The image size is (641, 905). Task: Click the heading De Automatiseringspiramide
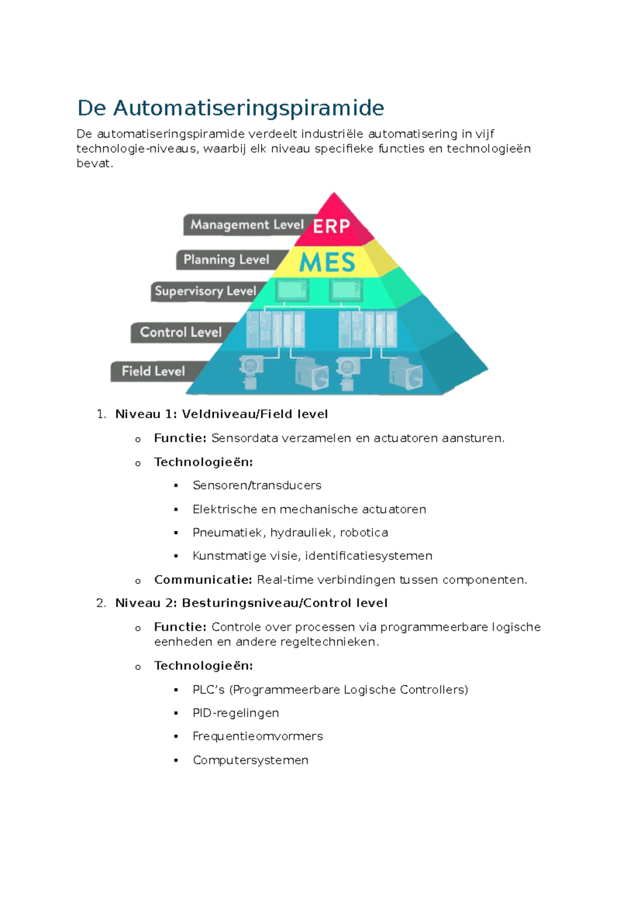click(x=230, y=108)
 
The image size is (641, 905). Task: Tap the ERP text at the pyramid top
click(x=331, y=226)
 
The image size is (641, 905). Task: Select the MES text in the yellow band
click(x=327, y=262)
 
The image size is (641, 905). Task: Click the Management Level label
click(x=247, y=225)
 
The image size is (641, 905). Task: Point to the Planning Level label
click(x=226, y=260)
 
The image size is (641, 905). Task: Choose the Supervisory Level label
click(x=206, y=291)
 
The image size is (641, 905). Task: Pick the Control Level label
click(x=181, y=332)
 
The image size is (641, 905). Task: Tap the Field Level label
click(x=153, y=371)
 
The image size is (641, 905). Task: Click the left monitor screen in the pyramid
click(x=292, y=291)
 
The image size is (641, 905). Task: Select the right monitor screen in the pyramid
click(x=346, y=291)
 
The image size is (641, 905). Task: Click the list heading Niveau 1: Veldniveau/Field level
click(x=221, y=414)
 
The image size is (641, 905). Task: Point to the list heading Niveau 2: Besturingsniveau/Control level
click(x=251, y=603)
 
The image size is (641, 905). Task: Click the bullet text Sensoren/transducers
click(x=257, y=486)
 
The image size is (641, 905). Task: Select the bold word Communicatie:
click(x=203, y=579)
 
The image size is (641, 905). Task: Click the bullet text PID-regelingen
click(x=236, y=713)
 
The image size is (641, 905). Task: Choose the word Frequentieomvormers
click(x=257, y=736)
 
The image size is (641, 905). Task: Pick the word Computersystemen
click(x=251, y=760)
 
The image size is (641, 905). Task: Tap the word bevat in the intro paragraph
click(x=94, y=164)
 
